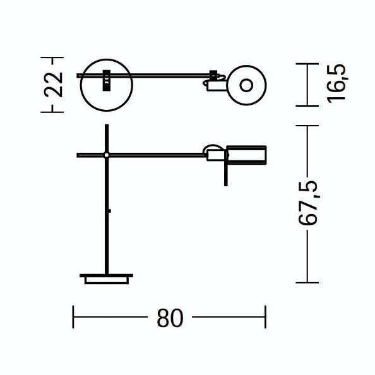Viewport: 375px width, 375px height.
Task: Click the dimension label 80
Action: click(x=170, y=318)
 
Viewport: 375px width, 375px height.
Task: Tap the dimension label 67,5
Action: click(x=308, y=203)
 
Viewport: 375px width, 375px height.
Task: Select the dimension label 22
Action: click(x=54, y=85)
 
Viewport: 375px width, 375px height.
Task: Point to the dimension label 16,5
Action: click(x=336, y=83)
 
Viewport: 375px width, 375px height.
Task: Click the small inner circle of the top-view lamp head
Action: click(x=246, y=85)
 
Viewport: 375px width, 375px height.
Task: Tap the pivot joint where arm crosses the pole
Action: click(x=107, y=155)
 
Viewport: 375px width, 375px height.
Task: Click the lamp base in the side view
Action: click(x=107, y=279)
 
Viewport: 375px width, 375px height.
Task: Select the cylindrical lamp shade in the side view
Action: click(x=247, y=155)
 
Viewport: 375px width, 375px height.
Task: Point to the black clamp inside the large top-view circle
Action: click(x=107, y=80)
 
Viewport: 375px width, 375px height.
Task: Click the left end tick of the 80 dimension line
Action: click(x=73, y=317)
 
